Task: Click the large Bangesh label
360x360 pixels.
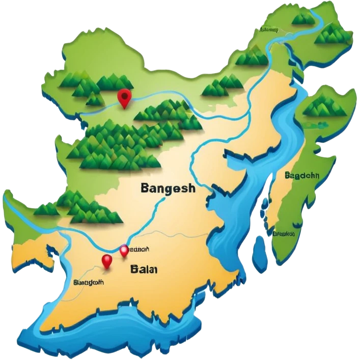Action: point(167,189)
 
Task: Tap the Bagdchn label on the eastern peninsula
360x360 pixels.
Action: point(302,176)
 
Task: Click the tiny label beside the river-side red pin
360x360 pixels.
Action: point(139,250)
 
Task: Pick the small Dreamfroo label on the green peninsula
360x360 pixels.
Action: point(284,234)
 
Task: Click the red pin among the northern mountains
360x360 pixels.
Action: point(124,96)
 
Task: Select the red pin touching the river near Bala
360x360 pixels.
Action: point(124,251)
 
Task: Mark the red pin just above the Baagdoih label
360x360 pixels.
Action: point(106,261)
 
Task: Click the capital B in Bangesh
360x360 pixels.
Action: point(144,188)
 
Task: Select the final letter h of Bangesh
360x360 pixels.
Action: point(191,188)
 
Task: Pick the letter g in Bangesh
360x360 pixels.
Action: point(167,190)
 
